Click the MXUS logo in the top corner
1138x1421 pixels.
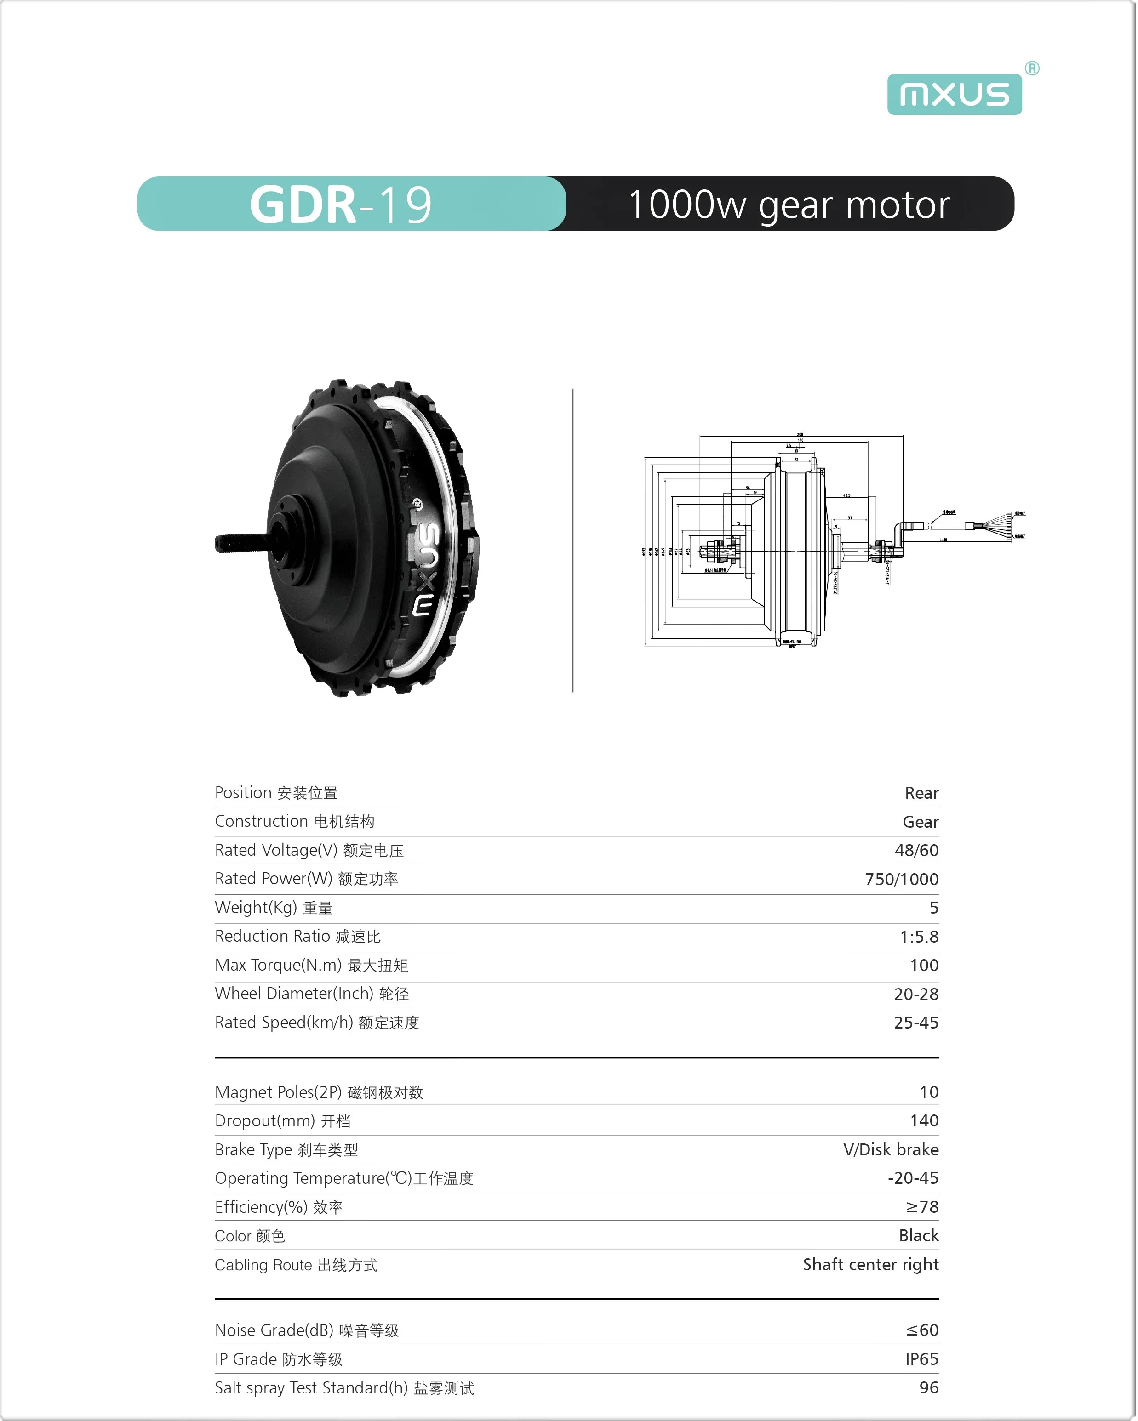[x=954, y=94]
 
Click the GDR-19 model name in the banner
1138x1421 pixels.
[x=340, y=205]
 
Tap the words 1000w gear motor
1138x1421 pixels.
[x=789, y=205]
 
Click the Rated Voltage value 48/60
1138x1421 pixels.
[x=916, y=850]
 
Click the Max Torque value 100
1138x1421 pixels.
[x=924, y=965]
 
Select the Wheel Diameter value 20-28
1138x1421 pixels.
[x=916, y=994]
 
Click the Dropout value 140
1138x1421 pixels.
[x=924, y=1120]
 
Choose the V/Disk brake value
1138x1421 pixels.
[x=891, y=1149]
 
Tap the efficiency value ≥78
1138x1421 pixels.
[x=922, y=1207]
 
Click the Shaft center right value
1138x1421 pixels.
[x=870, y=1264]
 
